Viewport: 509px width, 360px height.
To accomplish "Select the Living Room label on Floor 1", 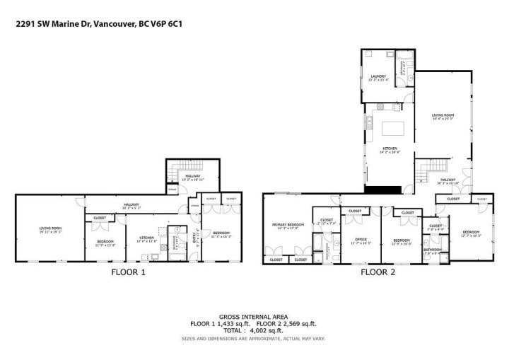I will (x=50, y=229).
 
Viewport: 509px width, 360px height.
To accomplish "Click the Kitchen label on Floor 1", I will (x=146, y=238).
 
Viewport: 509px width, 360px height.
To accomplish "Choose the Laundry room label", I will (x=378, y=78).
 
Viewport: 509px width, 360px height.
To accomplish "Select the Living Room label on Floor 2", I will (x=443, y=117).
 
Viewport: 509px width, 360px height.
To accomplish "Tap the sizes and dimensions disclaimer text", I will (x=254, y=338).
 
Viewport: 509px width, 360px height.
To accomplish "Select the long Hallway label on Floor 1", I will (x=131, y=207).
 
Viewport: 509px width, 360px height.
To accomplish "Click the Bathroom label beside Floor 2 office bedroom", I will (x=433, y=250).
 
